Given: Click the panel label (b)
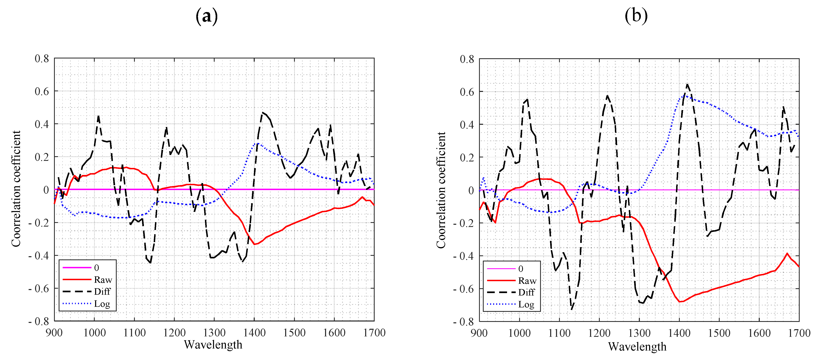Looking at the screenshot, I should [x=636, y=16].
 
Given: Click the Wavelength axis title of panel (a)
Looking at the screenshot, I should [x=213, y=345].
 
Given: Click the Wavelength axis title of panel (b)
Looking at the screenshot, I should [x=637, y=346].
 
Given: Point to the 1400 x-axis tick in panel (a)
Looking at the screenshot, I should [x=254, y=333].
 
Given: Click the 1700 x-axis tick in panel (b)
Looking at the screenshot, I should [x=799, y=333].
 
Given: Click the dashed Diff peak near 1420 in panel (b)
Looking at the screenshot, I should [x=687, y=84].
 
